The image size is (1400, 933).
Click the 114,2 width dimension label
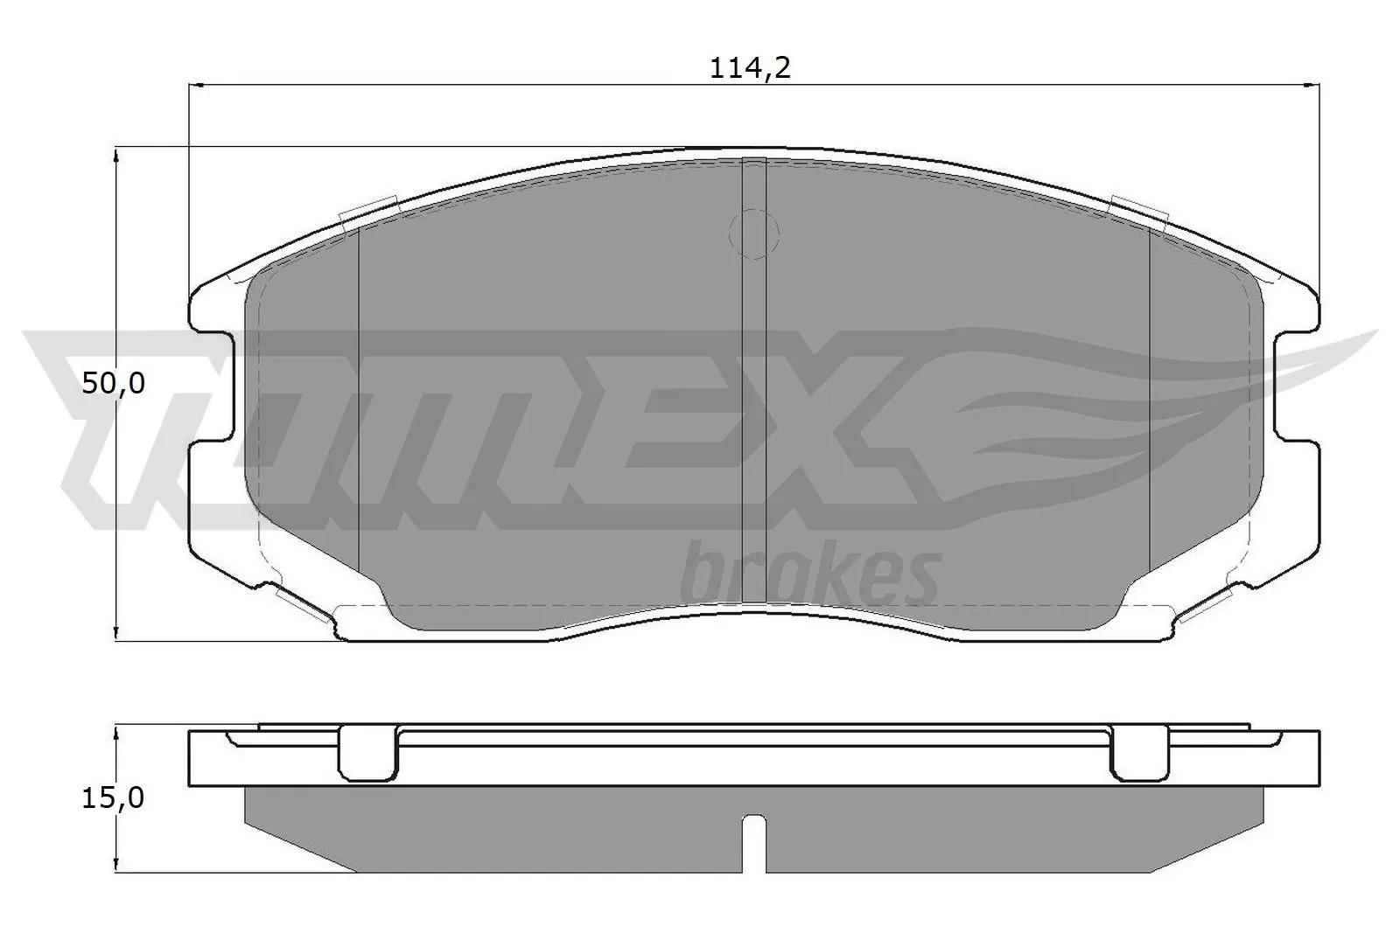[749, 68]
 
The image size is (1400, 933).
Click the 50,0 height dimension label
[113, 383]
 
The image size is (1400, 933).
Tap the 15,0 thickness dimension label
[113, 797]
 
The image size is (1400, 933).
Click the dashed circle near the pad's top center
[753, 233]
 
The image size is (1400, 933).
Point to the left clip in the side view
[367, 752]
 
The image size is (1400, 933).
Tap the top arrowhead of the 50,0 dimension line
[116, 155]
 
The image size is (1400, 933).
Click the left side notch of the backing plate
[213, 385]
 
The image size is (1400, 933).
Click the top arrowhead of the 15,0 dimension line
[116, 731]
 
